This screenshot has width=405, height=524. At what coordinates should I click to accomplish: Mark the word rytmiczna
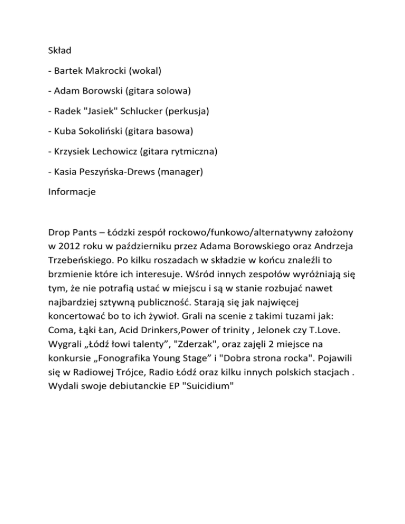(192, 152)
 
